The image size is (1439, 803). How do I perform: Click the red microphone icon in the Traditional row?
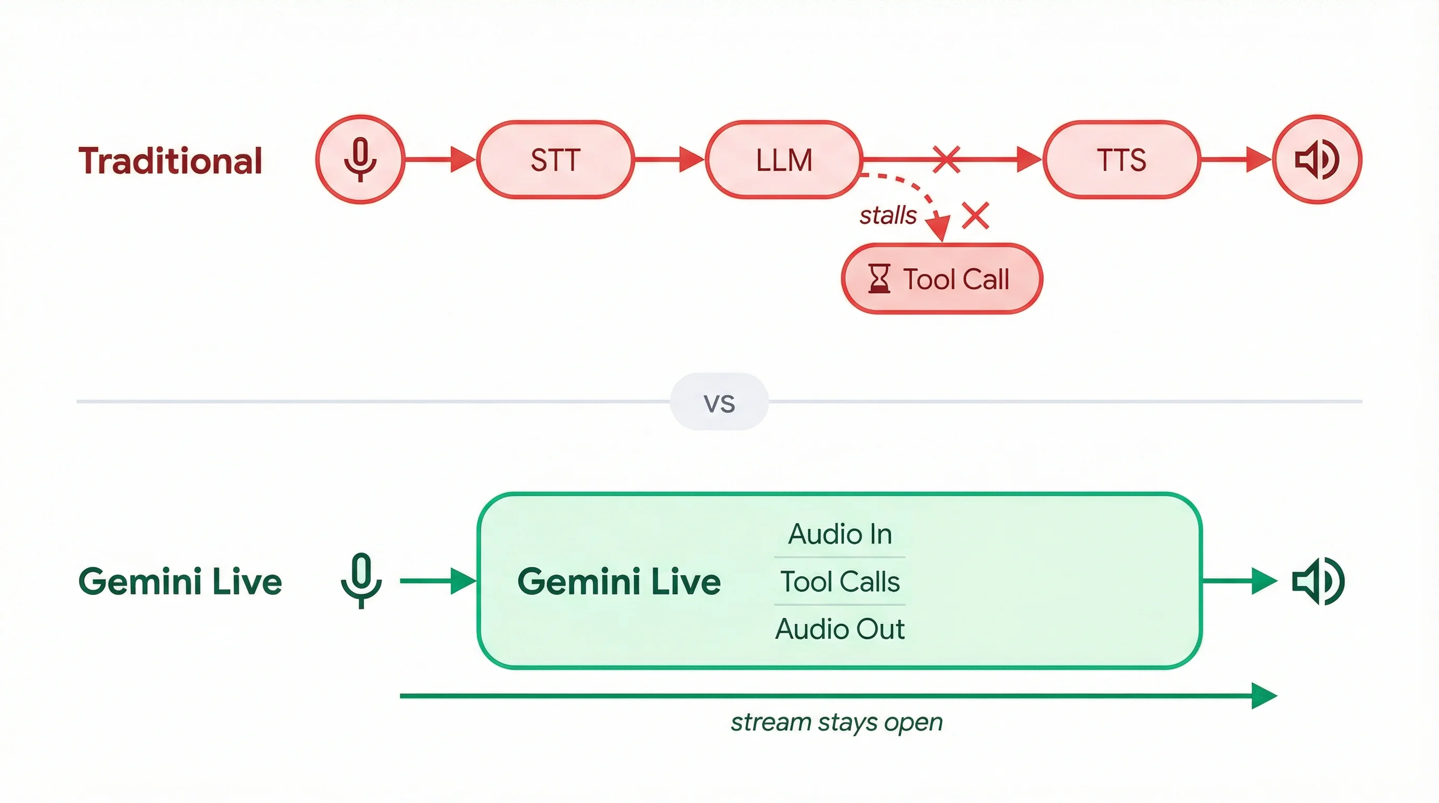point(360,159)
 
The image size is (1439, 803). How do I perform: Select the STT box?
point(555,159)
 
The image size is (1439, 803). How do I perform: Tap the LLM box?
point(784,159)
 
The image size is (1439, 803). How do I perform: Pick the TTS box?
point(1121,159)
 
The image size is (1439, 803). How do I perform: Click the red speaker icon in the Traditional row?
point(1317,159)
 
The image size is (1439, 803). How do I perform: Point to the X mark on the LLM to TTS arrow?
point(946,159)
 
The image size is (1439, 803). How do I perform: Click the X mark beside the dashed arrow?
point(975,215)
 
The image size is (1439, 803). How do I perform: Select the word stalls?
point(888,215)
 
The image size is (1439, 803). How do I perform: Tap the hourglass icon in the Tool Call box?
point(878,279)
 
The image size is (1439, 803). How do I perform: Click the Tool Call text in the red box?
point(956,279)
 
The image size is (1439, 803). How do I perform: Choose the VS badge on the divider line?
point(719,402)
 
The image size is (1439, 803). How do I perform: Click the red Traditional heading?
point(170,161)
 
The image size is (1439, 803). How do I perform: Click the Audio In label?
point(840,534)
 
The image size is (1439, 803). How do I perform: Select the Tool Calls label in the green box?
point(840,581)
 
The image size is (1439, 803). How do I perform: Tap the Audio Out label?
point(840,629)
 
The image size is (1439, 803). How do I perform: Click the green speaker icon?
point(1318,581)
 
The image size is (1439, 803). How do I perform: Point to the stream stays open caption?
point(836,722)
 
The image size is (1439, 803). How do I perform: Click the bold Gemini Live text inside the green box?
point(619,581)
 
